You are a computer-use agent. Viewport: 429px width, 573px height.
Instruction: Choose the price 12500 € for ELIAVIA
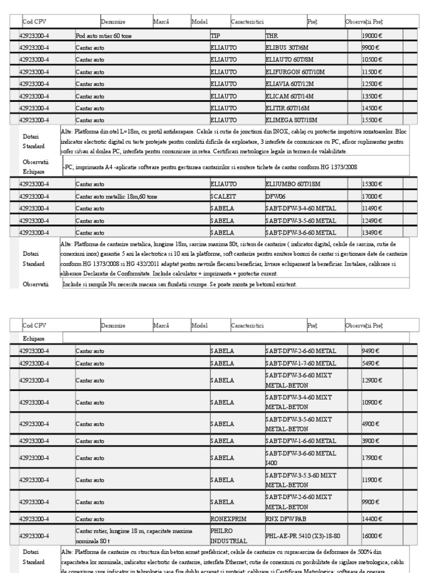point(373,84)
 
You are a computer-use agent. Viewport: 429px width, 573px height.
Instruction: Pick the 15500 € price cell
point(373,120)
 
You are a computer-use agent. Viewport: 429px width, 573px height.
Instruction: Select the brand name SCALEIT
point(225,197)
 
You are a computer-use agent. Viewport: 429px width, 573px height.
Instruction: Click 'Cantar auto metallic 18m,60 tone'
point(115,197)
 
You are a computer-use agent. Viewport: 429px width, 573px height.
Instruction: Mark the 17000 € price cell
point(373,197)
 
